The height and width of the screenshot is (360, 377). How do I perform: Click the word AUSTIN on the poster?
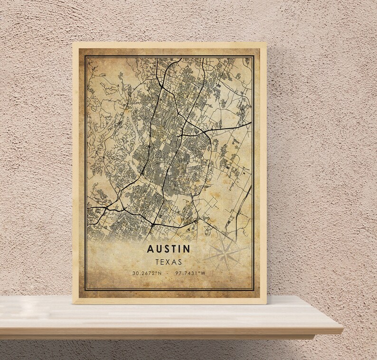[169, 249]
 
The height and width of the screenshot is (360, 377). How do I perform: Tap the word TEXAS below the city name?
[169, 262]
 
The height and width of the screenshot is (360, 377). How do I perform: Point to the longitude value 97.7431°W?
[190, 273]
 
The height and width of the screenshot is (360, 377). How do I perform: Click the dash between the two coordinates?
[169, 273]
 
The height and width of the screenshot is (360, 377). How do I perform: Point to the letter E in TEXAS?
[162, 262]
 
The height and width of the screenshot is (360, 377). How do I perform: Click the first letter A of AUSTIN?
[151, 249]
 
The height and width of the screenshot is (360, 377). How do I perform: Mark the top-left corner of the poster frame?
[73, 43]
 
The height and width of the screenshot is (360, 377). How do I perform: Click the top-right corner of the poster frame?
[266, 43]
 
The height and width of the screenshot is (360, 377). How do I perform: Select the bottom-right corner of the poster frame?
[266, 303]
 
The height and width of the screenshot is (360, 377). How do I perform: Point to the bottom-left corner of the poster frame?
[73, 303]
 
